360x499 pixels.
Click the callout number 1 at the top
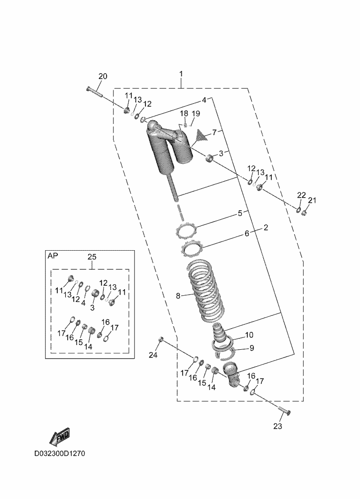[x=181, y=74]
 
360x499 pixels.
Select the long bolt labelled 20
[x=95, y=92]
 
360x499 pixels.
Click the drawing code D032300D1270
[x=59, y=454]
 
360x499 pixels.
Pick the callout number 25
[x=92, y=256]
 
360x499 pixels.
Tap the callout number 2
[x=266, y=228]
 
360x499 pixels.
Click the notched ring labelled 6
[x=191, y=247]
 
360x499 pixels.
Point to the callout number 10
[x=249, y=335]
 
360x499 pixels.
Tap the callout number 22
[x=301, y=195]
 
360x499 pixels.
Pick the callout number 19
[x=196, y=114]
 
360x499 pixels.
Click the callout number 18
[x=184, y=114]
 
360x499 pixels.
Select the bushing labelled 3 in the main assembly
[x=209, y=158]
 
